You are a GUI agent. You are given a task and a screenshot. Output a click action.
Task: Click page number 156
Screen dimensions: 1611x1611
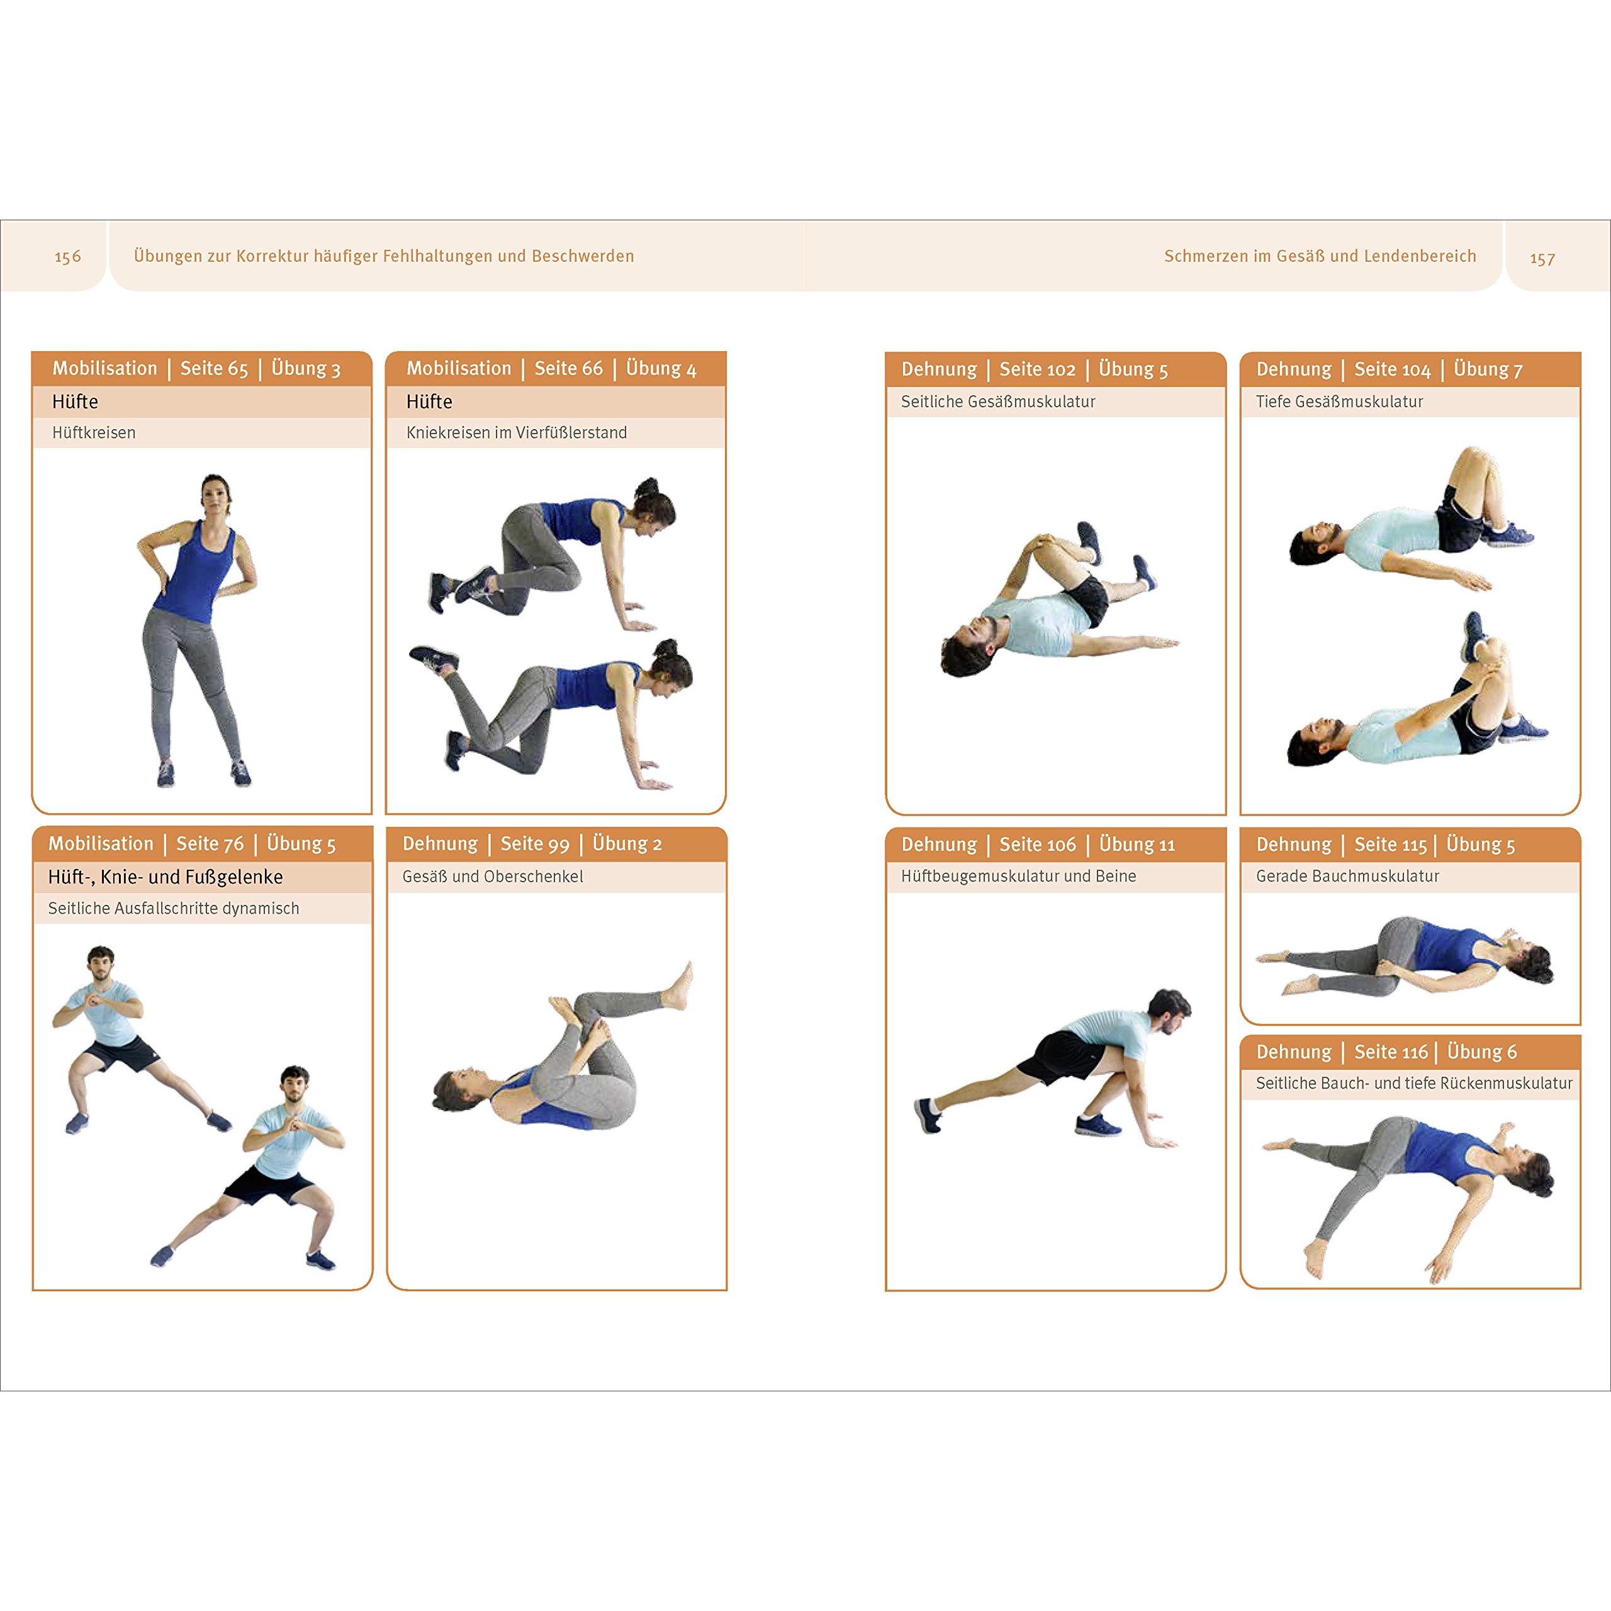click(x=67, y=257)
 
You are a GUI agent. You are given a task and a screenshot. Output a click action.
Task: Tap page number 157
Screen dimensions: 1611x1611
click(x=1542, y=259)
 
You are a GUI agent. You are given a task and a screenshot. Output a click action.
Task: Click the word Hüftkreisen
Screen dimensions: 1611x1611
click(x=93, y=433)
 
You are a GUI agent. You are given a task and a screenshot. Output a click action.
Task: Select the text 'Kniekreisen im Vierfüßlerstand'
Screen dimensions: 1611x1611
click(x=516, y=433)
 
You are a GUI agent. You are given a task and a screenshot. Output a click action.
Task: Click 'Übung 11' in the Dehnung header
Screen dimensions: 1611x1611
click(x=1137, y=845)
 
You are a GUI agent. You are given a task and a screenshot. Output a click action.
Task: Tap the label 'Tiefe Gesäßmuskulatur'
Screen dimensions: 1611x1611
click(x=1339, y=402)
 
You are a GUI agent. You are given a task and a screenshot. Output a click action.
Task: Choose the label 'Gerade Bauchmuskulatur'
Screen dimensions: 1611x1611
click(x=1347, y=877)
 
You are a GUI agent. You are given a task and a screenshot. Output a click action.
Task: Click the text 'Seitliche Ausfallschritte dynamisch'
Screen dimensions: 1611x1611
click(x=174, y=908)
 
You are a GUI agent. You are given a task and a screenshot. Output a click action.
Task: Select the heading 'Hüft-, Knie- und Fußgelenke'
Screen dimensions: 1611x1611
click(x=165, y=877)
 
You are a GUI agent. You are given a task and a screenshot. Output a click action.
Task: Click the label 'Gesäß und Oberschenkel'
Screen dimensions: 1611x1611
click(x=493, y=877)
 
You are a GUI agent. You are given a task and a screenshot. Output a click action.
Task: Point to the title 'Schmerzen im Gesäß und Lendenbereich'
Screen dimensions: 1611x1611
click(x=1320, y=256)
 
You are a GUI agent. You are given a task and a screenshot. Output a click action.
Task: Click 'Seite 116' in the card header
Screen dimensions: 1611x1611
click(x=1391, y=1052)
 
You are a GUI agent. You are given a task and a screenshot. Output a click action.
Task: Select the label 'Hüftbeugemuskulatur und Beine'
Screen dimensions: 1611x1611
click(x=1018, y=877)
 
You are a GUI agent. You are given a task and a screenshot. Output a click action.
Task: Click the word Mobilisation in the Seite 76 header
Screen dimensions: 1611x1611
click(x=101, y=844)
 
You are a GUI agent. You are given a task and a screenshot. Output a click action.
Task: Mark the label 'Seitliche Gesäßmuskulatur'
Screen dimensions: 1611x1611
click(x=998, y=402)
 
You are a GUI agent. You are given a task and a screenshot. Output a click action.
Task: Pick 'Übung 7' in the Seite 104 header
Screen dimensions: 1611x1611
click(x=1488, y=369)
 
